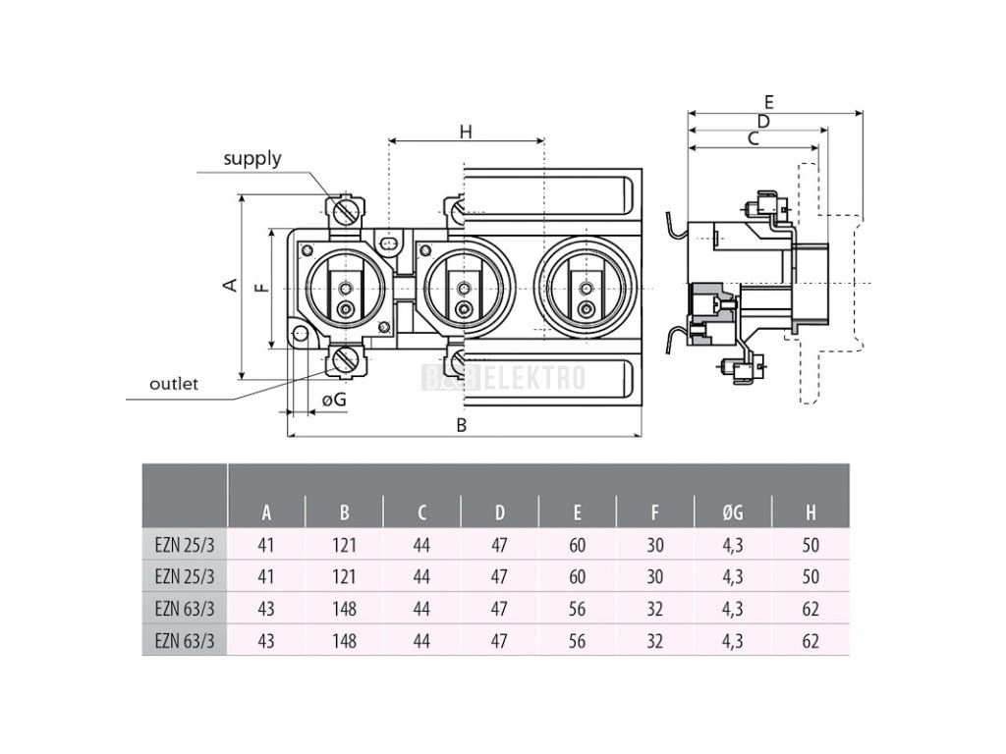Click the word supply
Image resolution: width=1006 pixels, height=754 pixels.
pyautogui.click(x=252, y=159)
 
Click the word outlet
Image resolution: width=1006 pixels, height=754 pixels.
pyautogui.click(x=173, y=384)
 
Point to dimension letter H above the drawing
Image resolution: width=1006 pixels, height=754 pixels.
pyautogui.click(x=466, y=133)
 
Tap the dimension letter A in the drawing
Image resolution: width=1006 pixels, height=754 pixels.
pyautogui.click(x=230, y=285)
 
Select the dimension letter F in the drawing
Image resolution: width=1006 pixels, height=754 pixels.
pyautogui.click(x=261, y=288)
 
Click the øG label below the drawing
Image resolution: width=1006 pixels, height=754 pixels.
pyautogui.click(x=334, y=401)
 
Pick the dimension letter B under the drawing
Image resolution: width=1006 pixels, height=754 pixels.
pyautogui.click(x=462, y=425)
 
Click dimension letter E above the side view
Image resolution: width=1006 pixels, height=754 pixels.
pyautogui.click(x=768, y=102)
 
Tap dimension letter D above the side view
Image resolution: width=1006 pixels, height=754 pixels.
pyautogui.click(x=762, y=121)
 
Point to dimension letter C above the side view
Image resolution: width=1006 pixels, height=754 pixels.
pyautogui.click(x=754, y=138)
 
